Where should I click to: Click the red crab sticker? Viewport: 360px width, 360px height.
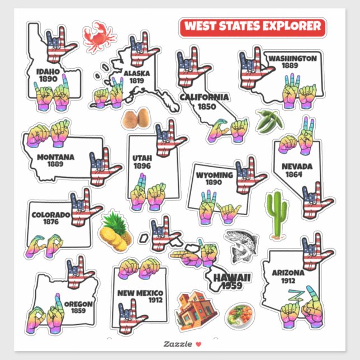click(99, 36)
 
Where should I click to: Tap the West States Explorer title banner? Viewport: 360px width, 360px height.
click(253, 26)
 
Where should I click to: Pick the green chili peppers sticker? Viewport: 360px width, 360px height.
click(268, 120)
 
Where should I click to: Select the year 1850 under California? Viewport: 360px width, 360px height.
click(204, 106)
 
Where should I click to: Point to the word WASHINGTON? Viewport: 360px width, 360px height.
click(292, 58)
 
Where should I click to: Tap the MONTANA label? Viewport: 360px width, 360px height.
click(55, 157)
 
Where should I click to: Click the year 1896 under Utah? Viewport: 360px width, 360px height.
click(143, 165)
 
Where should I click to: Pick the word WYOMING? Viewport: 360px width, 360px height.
click(214, 175)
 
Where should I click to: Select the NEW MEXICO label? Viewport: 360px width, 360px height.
click(140, 293)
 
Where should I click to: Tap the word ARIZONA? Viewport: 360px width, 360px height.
click(288, 273)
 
